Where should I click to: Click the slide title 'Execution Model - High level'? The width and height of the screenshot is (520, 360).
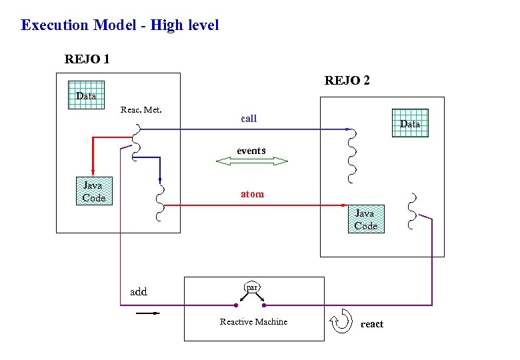(120, 25)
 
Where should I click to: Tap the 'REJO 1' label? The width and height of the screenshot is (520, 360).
(87, 59)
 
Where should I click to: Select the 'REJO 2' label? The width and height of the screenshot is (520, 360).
(347, 81)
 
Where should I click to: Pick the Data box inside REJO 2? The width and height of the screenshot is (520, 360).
(409, 123)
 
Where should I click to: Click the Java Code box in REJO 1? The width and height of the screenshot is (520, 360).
(93, 191)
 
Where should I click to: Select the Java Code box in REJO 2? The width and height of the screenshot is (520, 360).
(365, 219)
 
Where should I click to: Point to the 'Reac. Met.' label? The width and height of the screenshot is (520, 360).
(141, 109)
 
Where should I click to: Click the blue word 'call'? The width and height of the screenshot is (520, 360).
(249, 119)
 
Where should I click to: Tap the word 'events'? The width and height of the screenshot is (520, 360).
(251, 151)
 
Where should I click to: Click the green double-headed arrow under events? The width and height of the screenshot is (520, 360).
(251, 161)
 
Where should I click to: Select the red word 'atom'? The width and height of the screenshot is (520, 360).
(252, 194)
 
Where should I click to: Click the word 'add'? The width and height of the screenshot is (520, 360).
(138, 291)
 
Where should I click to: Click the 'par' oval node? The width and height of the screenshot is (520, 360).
(251, 287)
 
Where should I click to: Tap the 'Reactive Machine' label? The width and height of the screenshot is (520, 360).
(253, 322)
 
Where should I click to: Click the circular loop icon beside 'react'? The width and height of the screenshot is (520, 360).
(341, 320)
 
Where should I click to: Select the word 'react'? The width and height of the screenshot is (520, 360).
(371, 324)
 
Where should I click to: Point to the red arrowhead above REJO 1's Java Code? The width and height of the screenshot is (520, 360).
(92, 170)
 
